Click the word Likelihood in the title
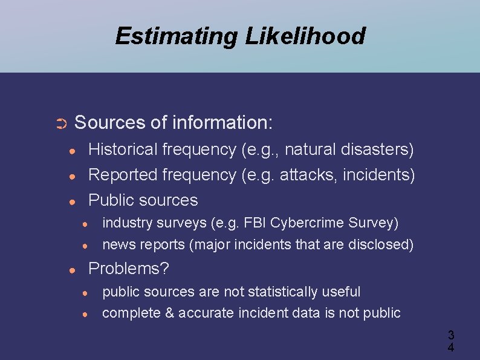(305, 36)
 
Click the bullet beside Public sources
(72, 201)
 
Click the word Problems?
(129, 268)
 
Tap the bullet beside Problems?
(72, 269)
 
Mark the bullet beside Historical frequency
(72, 150)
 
